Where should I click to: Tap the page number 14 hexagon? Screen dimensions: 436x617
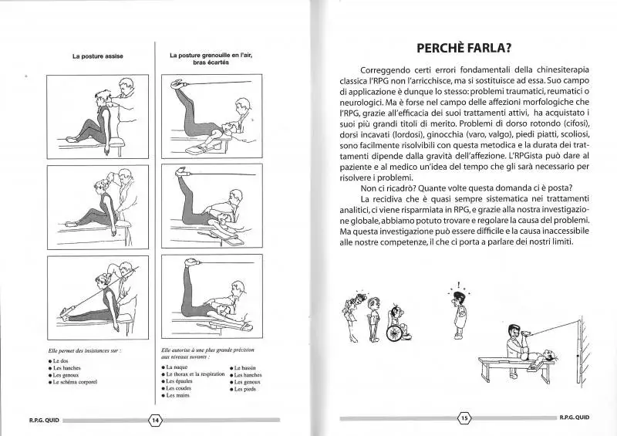[155, 419]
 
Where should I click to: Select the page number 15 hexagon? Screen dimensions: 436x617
[464, 419]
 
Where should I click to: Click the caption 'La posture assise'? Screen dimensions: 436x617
[98, 56]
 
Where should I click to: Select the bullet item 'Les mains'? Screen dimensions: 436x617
[177, 395]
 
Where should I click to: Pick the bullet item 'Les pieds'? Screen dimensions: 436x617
[247, 388]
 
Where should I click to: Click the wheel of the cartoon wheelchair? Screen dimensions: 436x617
[394, 333]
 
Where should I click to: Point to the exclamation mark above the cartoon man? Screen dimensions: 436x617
[459, 282]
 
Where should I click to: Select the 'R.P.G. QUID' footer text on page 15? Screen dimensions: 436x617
[575, 419]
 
